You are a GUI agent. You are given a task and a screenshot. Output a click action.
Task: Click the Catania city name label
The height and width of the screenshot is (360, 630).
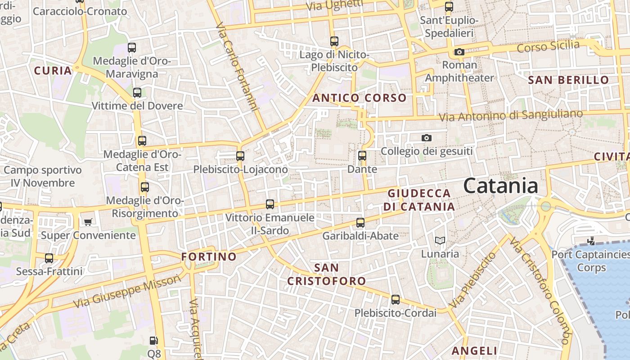[500, 185]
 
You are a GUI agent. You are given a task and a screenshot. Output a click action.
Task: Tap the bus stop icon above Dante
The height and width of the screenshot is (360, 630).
[362, 156]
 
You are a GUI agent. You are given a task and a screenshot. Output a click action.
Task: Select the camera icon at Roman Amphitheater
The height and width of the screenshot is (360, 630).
[459, 52]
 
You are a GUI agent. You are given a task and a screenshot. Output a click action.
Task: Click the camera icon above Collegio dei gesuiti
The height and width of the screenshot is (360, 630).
[426, 138]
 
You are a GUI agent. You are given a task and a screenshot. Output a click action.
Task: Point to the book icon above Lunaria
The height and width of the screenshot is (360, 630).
[440, 241]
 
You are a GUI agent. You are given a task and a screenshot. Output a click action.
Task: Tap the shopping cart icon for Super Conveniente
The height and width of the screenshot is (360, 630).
[88, 222]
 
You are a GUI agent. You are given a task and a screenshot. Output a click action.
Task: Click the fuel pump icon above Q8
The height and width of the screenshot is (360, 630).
[153, 341]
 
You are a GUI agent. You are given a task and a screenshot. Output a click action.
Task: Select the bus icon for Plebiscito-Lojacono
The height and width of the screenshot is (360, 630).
[240, 156]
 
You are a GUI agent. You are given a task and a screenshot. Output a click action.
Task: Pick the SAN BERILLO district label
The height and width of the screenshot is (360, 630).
[568, 80]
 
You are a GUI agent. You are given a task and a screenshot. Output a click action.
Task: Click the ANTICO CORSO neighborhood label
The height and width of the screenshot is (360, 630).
[359, 98]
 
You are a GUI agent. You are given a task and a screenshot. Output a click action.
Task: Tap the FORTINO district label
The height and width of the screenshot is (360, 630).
[209, 256]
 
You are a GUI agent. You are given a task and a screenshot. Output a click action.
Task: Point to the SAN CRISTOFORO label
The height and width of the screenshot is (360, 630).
[327, 274]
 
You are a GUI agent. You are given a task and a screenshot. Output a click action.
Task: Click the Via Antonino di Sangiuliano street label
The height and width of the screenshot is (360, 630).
[511, 115]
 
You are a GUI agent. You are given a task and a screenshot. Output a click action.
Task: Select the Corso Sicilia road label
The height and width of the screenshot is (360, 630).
[548, 46]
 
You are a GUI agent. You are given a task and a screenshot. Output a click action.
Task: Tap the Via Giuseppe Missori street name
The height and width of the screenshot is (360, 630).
[127, 291]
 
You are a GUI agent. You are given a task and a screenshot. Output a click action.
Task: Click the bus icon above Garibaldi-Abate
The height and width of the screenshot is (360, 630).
[360, 223]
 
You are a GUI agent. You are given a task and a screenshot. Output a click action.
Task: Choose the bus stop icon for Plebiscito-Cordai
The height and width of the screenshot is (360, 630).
[395, 300]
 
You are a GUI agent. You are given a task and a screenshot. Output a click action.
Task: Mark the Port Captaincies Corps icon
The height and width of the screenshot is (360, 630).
[591, 241]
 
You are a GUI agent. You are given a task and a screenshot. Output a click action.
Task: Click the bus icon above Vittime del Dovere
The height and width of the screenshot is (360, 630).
[137, 93]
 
